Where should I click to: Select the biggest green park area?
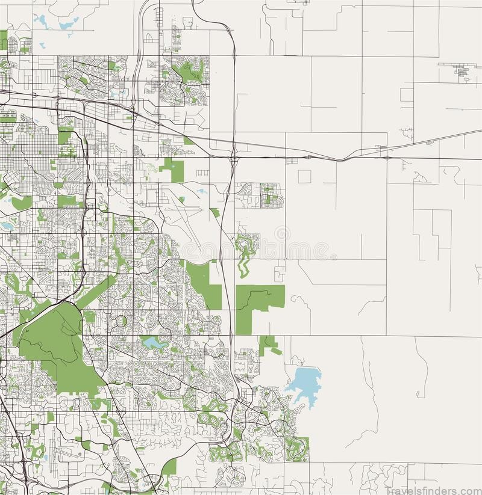57,349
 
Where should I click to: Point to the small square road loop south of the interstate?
304,176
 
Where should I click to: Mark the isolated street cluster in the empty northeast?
463,72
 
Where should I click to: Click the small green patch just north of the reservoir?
269,344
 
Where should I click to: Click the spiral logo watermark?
282,234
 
